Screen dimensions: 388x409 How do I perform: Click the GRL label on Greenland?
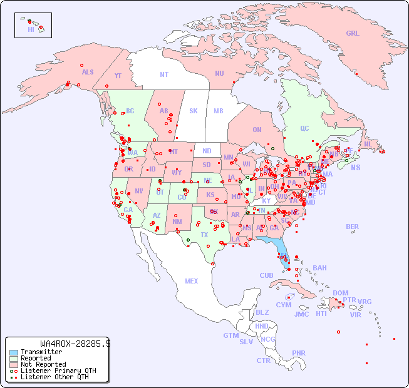coord(353,33)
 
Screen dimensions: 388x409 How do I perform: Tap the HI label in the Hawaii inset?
coord(31,29)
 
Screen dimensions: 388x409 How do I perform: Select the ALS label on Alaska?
coord(88,72)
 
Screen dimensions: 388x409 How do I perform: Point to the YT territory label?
coord(118,76)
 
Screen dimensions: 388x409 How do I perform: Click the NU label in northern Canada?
coord(219,73)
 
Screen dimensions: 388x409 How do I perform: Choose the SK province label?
coord(194,111)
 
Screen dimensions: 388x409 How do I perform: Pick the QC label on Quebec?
coord(304,128)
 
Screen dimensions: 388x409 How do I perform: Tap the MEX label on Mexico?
coord(192,281)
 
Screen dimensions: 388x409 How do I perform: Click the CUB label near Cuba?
coord(266,275)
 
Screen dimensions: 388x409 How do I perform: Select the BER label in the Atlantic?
coord(353,227)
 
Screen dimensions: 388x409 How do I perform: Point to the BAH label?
coord(319,268)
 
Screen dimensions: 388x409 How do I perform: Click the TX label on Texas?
coord(204,235)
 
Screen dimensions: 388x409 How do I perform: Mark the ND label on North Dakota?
coord(207,151)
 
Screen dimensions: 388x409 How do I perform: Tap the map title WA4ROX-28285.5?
coord(75,344)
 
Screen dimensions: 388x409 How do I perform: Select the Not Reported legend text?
coord(43,364)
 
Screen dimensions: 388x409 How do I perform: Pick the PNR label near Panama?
coord(299,353)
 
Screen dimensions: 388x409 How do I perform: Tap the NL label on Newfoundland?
coord(368,144)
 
